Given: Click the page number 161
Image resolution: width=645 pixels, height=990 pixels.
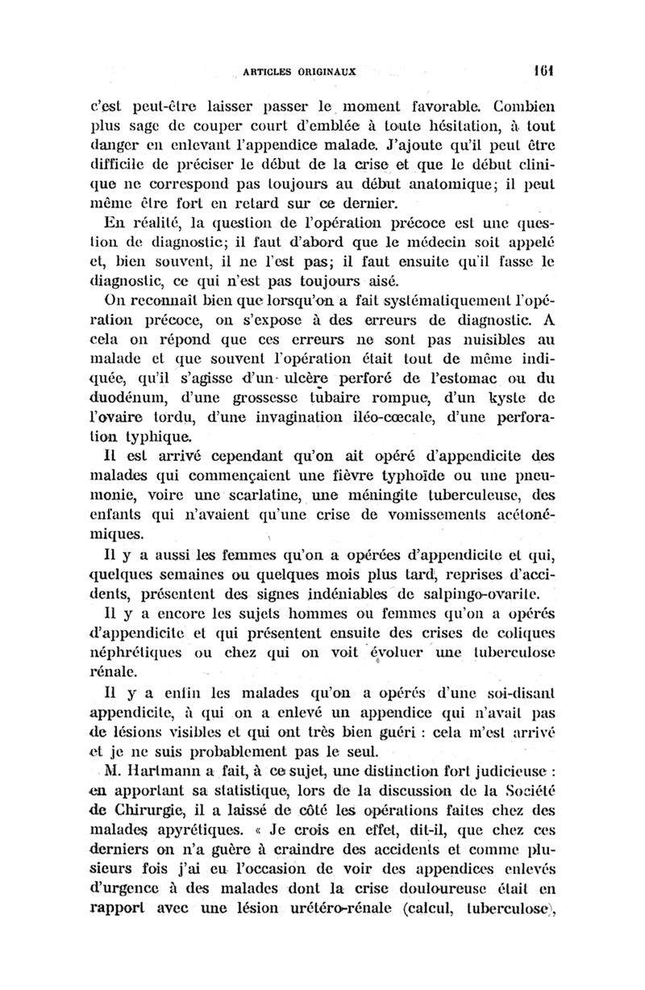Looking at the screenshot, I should tap(545, 69).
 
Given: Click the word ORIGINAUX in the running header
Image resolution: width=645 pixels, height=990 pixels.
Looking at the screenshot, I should tap(328, 69).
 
